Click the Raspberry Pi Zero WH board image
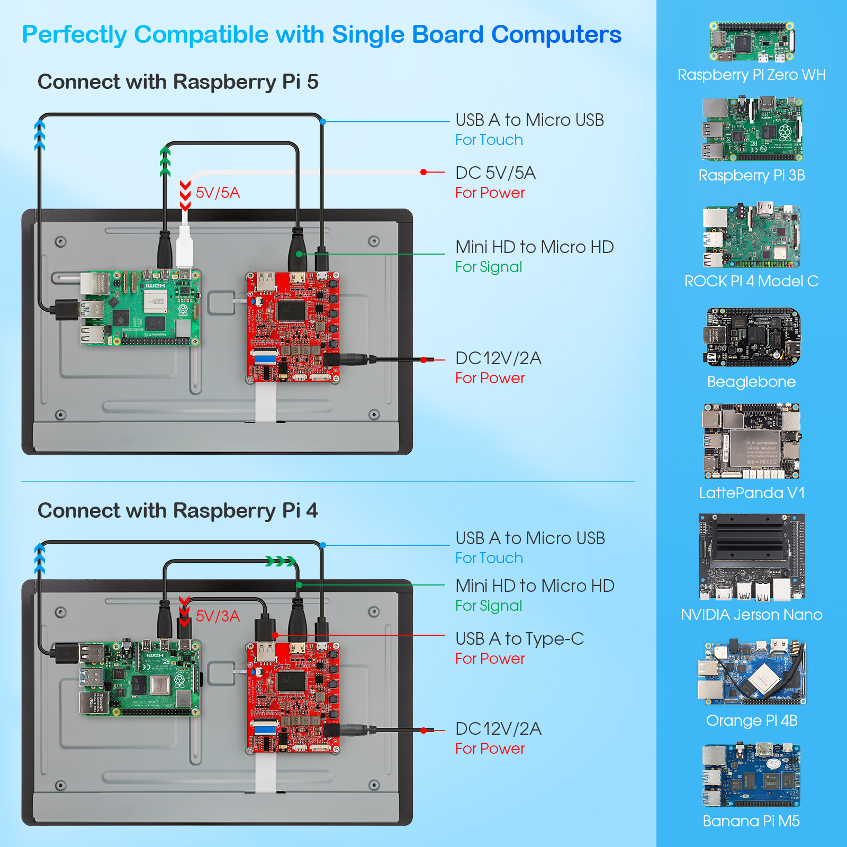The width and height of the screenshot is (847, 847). click(x=752, y=41)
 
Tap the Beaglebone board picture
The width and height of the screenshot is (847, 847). click(x=752, y=338)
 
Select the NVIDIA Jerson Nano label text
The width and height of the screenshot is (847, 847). click(x=751, y=615)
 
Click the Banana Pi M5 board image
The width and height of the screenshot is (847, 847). click(x=751, y=776)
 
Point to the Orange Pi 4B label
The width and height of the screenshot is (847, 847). click(x=751, y=720)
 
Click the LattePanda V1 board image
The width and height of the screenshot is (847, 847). click(x=751, y=441)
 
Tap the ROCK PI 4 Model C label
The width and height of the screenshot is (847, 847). click(x=751, y=281)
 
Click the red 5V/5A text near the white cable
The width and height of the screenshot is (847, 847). click(x=218, y=193)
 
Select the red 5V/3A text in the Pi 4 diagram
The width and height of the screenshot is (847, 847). click(x=218, y=616)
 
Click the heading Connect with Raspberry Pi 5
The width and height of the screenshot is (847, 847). click(x=178, y=82)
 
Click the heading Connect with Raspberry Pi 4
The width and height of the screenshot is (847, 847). click(x=178, y=511)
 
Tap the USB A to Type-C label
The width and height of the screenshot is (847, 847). click(x=519, y=639)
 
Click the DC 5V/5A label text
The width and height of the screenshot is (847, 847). click(x=495, y=173)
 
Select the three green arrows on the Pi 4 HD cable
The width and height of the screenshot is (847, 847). click(x=280, y=561)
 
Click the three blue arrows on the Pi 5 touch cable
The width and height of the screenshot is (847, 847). click(x=40, y=135)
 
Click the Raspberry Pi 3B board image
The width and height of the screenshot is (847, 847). click(x=752, y=129)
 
